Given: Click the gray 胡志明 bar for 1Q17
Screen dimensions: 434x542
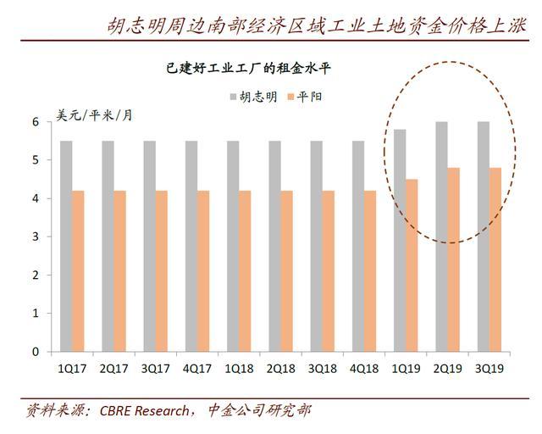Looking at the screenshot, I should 65,246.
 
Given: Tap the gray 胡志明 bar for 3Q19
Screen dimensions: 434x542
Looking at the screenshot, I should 483,236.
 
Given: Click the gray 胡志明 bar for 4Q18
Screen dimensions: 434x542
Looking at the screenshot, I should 357,246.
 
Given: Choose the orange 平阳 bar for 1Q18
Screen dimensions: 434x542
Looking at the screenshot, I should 245,271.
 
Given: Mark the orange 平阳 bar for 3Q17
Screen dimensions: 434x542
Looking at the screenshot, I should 161,271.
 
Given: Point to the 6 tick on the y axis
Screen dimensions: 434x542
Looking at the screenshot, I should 36,122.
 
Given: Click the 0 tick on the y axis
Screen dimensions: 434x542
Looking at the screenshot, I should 36,351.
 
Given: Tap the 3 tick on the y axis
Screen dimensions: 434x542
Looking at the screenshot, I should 36,236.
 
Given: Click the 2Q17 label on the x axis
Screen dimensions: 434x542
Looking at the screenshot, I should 113,370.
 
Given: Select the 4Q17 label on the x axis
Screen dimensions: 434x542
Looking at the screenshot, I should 196,370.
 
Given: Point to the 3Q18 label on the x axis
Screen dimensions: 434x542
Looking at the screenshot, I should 322,370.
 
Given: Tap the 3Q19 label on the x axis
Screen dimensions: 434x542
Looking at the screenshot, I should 489,370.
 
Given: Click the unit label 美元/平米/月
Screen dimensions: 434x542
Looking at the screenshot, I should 94,114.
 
